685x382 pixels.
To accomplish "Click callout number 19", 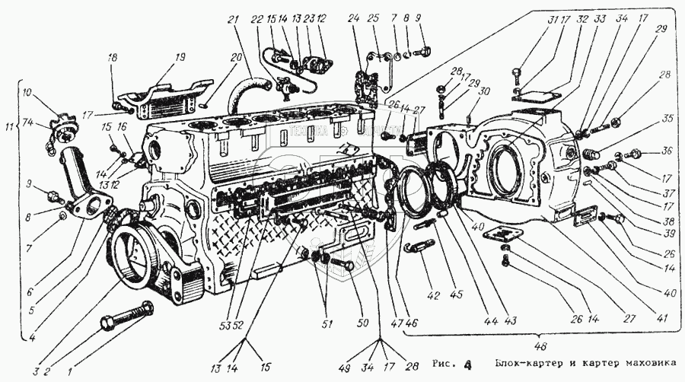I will click(160, 57).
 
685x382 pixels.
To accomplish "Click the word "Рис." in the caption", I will click(444, 362).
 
